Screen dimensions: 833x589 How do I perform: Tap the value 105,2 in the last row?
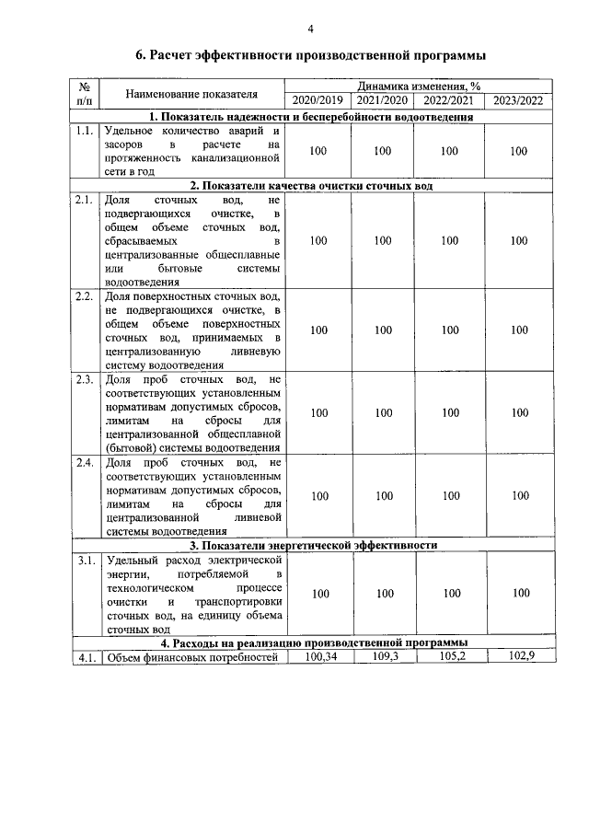click(450, 656)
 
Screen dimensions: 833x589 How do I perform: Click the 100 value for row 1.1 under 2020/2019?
click(319, 151)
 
